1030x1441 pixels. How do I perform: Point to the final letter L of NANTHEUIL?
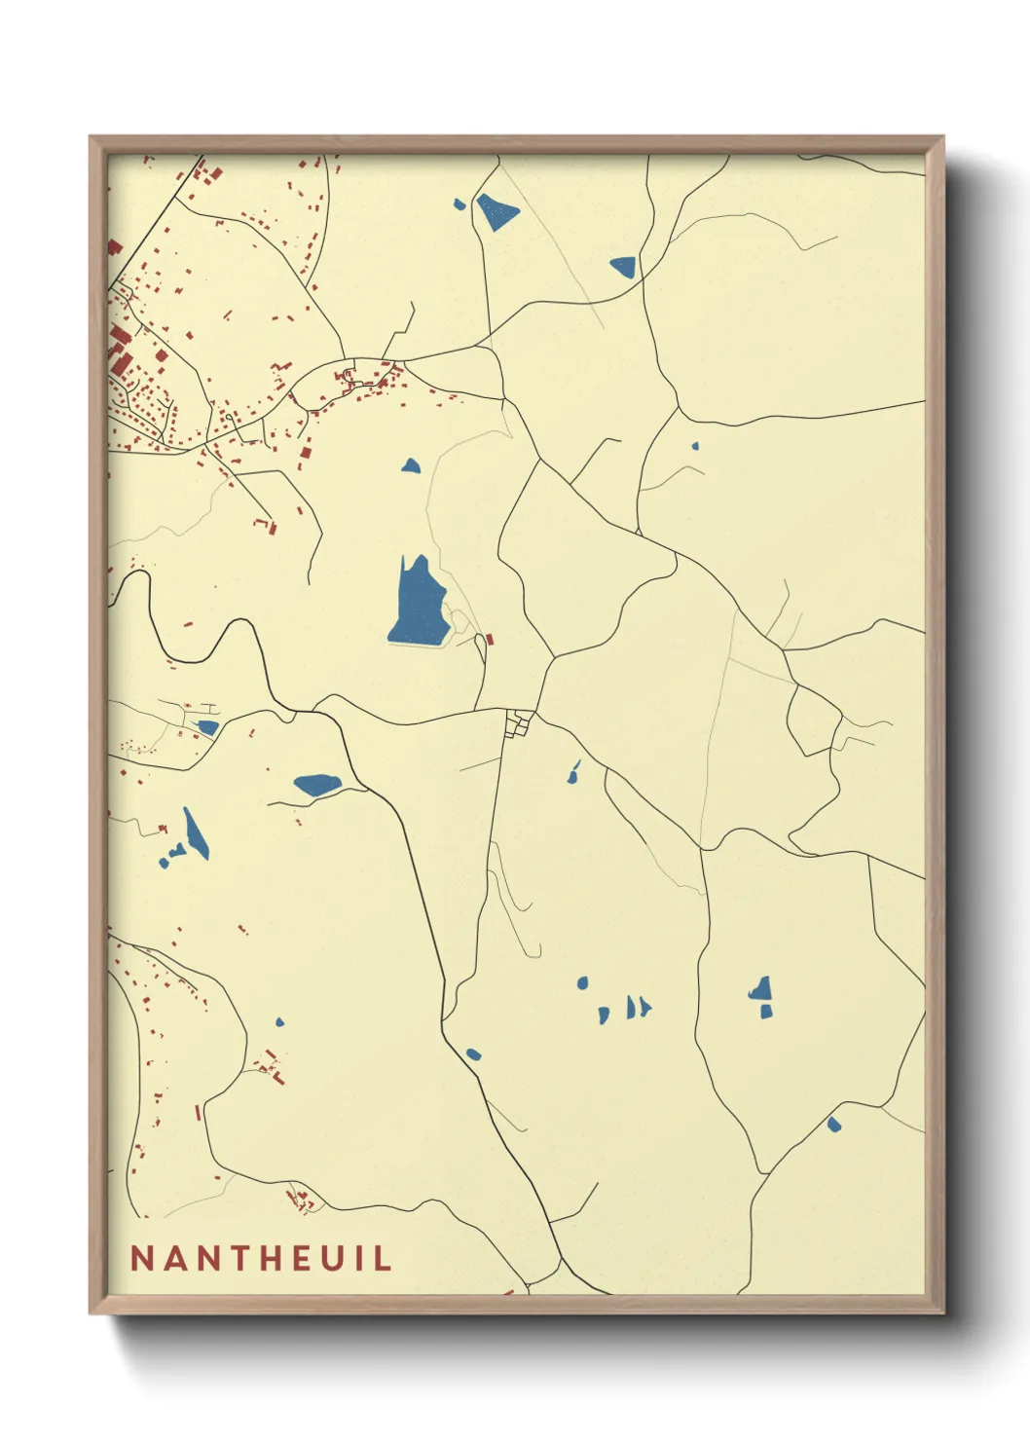tap(382, 1258)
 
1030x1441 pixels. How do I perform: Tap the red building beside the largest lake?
tap(491, 640)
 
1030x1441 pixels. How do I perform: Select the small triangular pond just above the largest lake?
tap(411, 466)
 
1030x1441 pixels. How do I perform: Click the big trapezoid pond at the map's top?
tap(497, 211)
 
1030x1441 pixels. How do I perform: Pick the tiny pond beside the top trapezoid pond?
tap(460, 204)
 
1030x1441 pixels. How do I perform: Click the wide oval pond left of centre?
tap(316, 784)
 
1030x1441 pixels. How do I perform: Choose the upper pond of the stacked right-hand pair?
tap(761, 990)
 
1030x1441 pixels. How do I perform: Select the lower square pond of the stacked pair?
tap(766, 1013)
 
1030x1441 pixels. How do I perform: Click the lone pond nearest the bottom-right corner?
tap(833, 1125)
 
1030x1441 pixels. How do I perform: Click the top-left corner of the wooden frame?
tap(91, 137)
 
